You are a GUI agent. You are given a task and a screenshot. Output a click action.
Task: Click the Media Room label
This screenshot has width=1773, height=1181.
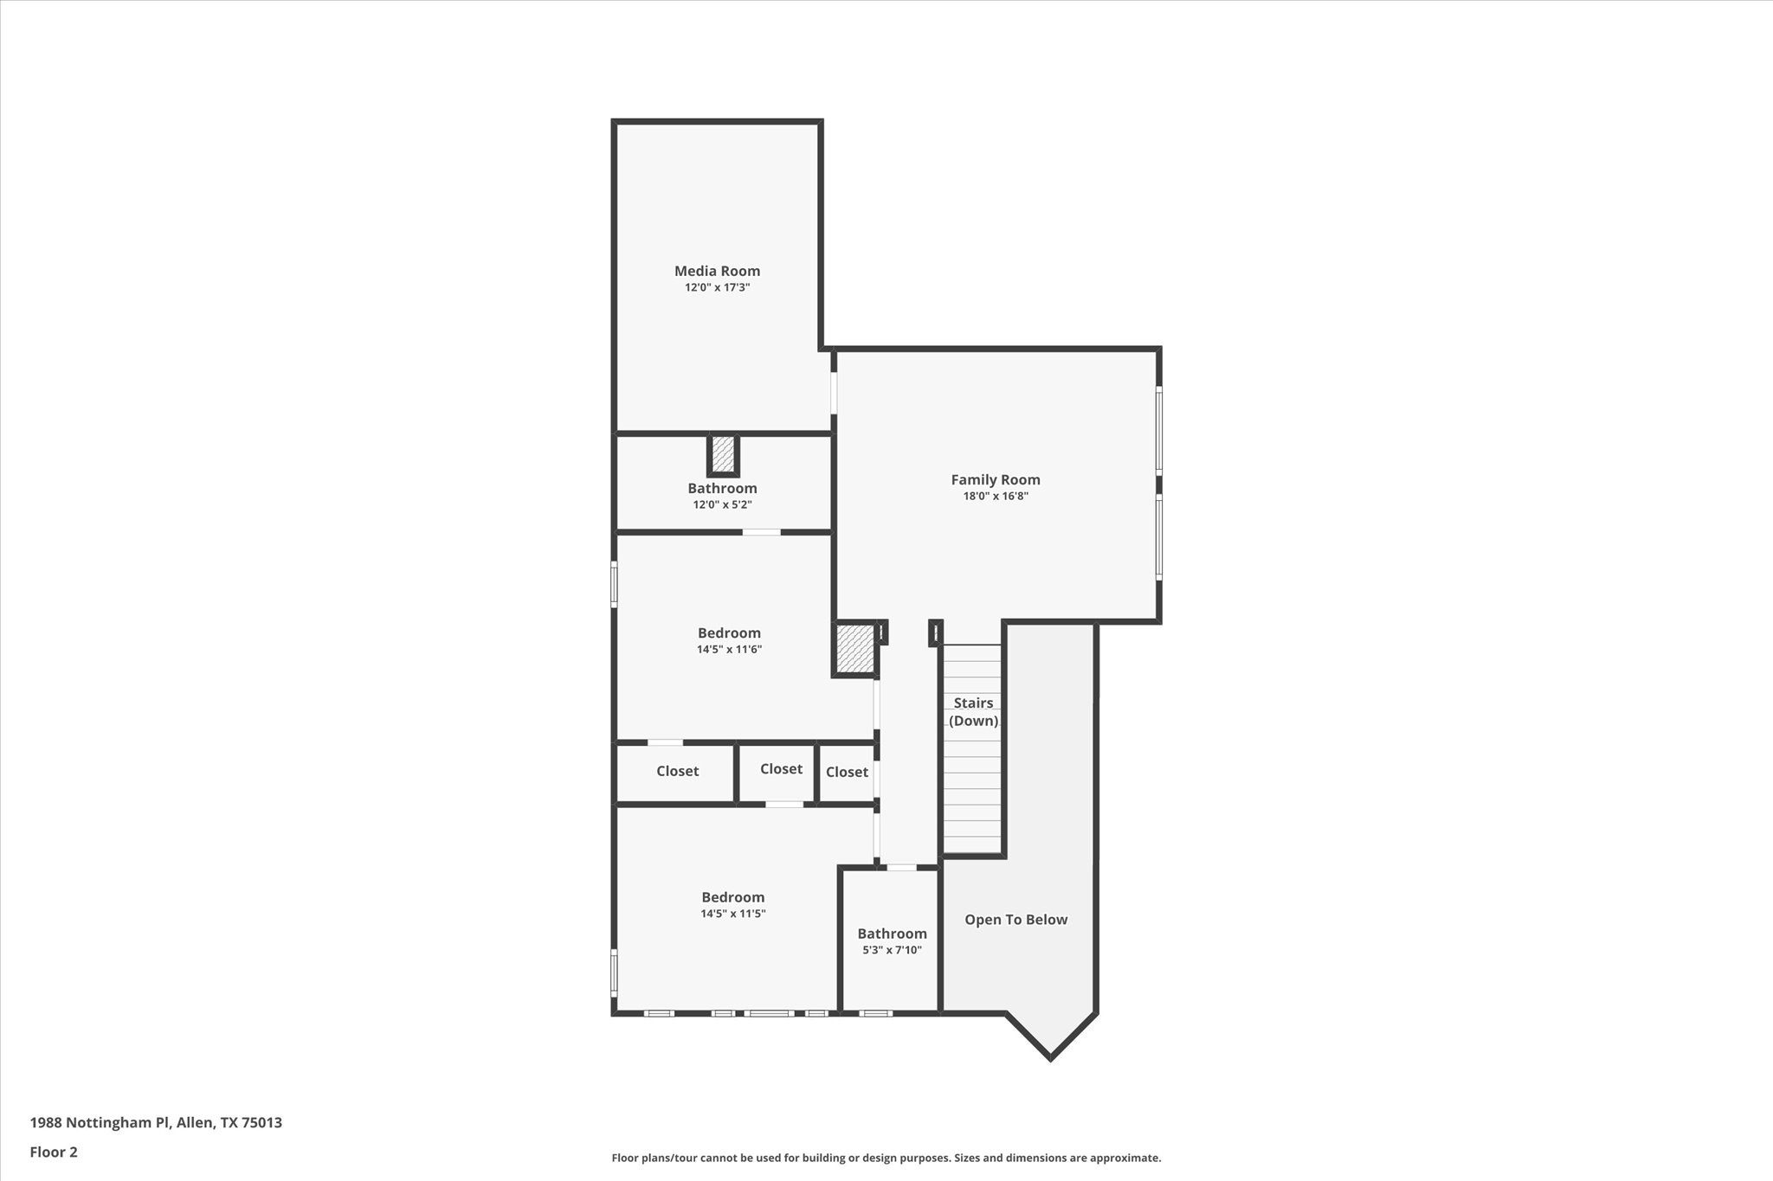coord(717,271)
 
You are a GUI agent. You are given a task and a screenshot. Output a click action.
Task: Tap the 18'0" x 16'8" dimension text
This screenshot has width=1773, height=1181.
coord(996,496)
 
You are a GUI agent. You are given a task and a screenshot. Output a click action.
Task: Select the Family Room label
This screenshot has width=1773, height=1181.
coord(996,479)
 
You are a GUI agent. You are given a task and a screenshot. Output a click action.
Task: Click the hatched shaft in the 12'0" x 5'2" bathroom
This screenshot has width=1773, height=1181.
coord(723,454)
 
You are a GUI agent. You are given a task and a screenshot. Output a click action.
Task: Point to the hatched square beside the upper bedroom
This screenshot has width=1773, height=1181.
coord(855,649)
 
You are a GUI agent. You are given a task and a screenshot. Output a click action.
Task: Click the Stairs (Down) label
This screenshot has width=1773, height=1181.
coord(973,711)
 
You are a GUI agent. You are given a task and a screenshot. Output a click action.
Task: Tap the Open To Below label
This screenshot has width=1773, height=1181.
coord(1015,920)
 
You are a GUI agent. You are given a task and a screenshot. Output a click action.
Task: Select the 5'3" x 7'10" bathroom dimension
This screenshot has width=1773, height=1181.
coord(892,950)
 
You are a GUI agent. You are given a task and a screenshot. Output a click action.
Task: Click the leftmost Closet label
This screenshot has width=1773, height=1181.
coord(677,771)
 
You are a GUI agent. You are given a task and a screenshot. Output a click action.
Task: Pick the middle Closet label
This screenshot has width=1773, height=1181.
coord(781,768)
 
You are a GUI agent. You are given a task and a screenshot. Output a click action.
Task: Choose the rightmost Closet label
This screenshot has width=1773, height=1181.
coord(847,772)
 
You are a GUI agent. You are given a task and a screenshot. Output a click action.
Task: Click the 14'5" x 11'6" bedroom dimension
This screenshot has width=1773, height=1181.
coord(729,649)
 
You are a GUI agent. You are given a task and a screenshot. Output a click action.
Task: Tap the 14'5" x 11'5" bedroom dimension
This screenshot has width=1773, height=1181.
coord(732,914)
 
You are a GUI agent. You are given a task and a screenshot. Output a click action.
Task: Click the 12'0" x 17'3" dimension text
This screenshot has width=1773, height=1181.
coord(717,287)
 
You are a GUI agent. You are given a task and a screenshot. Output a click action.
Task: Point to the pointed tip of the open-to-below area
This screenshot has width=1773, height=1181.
coord(1050,1056)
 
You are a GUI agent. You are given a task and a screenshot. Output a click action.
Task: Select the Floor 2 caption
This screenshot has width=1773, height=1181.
coord(54,1152)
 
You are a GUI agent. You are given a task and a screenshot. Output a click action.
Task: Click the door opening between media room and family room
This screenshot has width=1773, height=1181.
coord(834,392)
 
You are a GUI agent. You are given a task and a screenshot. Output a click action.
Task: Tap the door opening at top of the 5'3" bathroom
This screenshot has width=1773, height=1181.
coord(901,867)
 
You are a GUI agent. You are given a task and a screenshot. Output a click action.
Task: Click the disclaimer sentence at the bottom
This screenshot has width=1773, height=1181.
coord(886,1158)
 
